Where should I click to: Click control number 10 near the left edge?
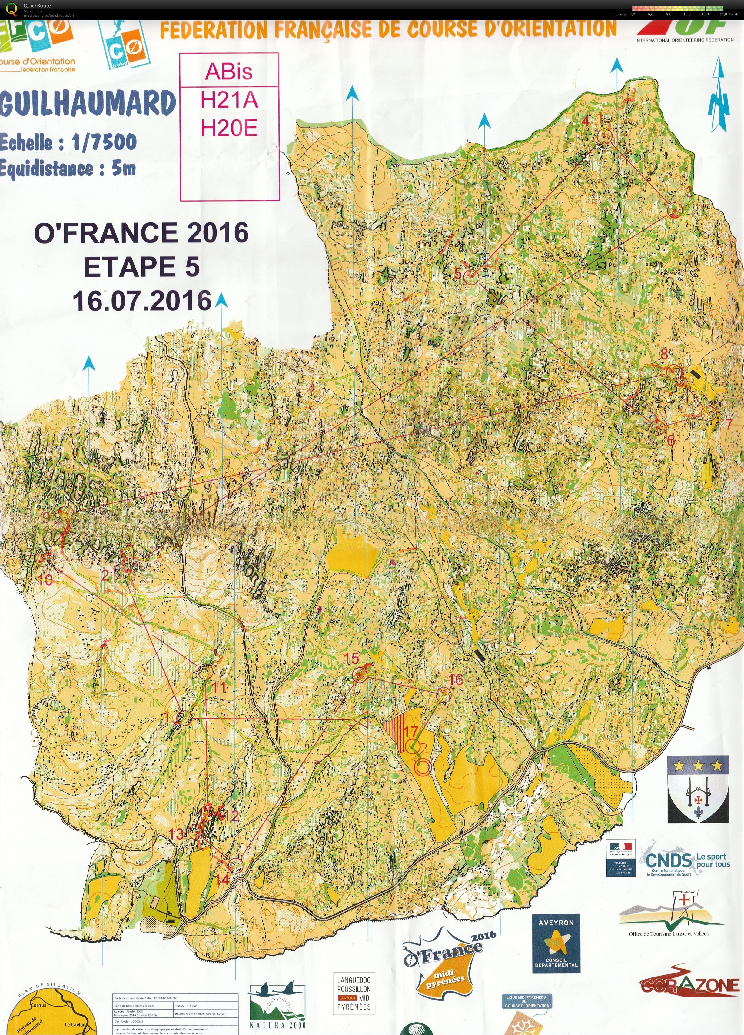tap(46, 580)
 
